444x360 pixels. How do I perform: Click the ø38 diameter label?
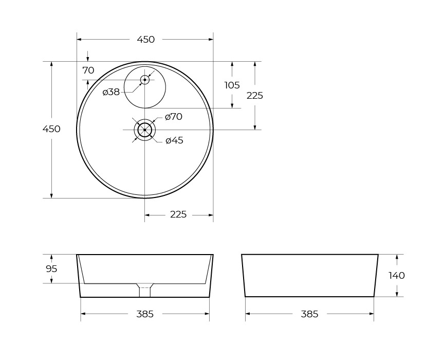[111, 92]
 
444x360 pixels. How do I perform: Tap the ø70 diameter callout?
[174, 117]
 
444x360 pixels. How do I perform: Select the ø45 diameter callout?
[174, 140]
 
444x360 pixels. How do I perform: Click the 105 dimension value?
[232, 85]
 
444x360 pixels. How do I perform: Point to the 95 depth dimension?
[51, 268]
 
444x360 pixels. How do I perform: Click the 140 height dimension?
[396, 275]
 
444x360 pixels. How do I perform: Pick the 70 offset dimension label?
[88, 70]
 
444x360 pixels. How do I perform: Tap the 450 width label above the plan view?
[146, 40]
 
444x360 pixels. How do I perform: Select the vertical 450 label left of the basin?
[51, 129]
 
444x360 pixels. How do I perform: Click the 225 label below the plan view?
[178, 214]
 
